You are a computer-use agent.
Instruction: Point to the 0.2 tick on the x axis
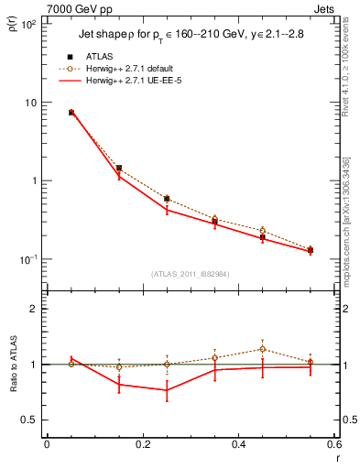pos(142,444)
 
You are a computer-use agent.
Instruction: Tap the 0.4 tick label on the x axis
pos(238,444)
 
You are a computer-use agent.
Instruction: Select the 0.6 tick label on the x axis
pos(333,444)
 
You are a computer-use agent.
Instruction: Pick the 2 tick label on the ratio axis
pos(33,309)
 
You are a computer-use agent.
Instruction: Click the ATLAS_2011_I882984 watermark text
pos(190,274)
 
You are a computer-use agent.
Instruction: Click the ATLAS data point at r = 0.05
pos(71,113)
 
